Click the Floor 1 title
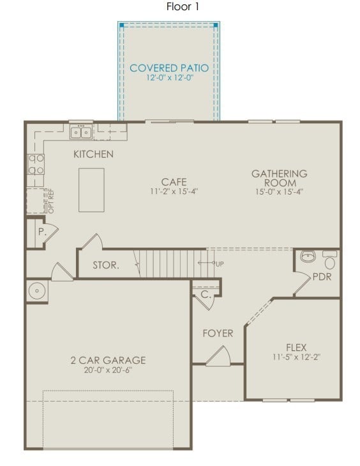coord(183,7)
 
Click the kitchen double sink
coord(81,133)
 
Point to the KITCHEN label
coord(93,154)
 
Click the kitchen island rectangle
coord(91,190)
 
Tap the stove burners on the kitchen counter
coord(36,164)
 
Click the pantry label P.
coord(41,232)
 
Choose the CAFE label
coord(174,182)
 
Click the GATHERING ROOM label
coord(279,178)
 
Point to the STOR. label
coord(105,265)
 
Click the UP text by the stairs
coord(220,264)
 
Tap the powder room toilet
coord(329,260)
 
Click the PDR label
coord(322,277)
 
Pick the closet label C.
coord(206,295)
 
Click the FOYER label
coord(218,333)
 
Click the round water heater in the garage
coord(37,292)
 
